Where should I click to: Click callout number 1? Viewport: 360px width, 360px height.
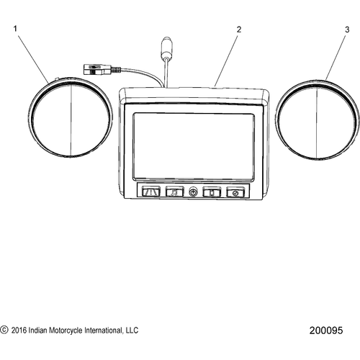(15, 29)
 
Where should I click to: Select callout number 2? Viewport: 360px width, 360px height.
(239, 30)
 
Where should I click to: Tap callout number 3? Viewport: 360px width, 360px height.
(347, 30)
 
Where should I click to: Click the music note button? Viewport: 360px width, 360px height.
(174, 192)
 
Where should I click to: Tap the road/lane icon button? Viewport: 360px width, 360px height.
(151, 192)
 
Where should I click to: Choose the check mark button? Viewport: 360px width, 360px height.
(235, 193)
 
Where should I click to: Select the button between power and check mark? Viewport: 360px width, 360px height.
(212, 192)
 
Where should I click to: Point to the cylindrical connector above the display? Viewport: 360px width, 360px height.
(166, 48)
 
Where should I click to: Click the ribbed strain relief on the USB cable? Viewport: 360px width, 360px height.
(115, 70)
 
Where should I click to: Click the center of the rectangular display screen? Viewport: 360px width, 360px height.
(194, 147)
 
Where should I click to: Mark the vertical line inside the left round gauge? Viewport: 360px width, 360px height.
(71, 120)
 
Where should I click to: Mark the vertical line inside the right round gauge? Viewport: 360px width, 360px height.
(317, 123)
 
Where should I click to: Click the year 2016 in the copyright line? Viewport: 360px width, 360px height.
(19, 330)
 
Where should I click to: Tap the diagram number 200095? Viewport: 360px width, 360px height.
(326, 330)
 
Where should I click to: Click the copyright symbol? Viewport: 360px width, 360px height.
(4, 330)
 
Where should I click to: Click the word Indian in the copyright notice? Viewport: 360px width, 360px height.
(37, 330)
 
